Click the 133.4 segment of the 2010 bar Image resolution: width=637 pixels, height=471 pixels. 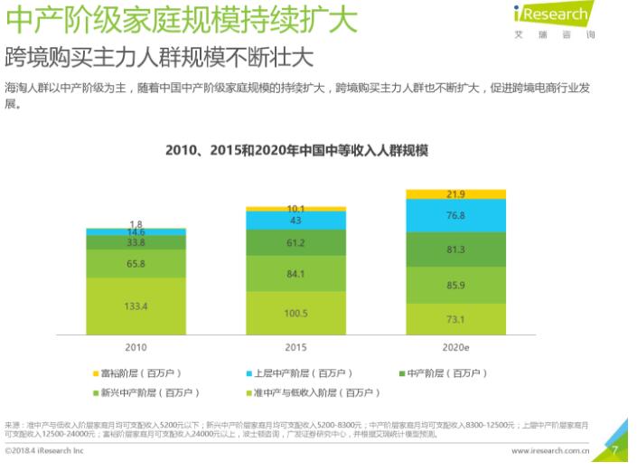[136, 306]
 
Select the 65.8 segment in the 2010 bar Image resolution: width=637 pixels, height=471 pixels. [136, 264]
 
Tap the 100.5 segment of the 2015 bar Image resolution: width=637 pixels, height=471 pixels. [295, 313]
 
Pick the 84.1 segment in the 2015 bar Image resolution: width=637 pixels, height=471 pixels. [295, 273]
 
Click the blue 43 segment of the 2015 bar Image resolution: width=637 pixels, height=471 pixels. [295, 221]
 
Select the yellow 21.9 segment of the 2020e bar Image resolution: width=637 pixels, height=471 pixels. [455, 194]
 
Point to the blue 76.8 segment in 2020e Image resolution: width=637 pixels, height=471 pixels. [455, 216]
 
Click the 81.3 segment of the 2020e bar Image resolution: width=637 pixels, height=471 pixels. [455, 250]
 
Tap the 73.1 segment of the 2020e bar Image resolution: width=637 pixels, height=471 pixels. [455, 319]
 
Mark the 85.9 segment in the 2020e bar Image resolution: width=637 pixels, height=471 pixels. [455, 285]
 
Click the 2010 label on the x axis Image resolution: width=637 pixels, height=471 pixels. [136, 347]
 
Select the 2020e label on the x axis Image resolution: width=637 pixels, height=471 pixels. [455, 347]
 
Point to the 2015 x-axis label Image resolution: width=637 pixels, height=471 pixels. [295, 347]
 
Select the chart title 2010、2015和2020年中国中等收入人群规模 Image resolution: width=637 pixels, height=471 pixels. [296, 151]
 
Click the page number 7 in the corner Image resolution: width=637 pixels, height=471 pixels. [614, 448]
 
